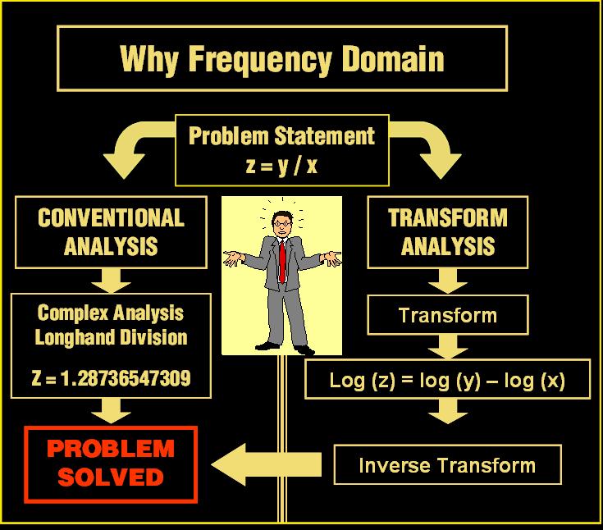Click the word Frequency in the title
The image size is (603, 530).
tap(259, 60)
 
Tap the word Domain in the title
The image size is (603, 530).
tap(393, 59)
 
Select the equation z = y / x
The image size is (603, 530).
tap(281, 166)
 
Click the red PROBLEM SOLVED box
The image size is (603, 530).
tap(111, 464)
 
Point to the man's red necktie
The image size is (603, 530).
tap(283, 262)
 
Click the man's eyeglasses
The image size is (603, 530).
tap(282, 223)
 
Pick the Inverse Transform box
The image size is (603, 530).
tap(448, 464)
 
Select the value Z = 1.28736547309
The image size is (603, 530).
tap(111, 378)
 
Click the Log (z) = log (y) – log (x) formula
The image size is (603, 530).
tap(447, 381)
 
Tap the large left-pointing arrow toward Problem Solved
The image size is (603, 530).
tap(267, 464)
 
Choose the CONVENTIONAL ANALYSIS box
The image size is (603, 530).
tap(111, 232)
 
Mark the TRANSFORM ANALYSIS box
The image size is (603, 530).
tap(448, 232)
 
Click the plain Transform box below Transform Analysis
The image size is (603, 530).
tap(448, 315)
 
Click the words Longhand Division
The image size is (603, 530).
tap(111, 338)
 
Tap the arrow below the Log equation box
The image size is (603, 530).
tap(448, 411)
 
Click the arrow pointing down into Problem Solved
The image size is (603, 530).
tap(111, 411)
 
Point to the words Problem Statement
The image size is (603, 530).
tap(281, 135)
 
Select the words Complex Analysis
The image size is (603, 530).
tap(111, 313)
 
